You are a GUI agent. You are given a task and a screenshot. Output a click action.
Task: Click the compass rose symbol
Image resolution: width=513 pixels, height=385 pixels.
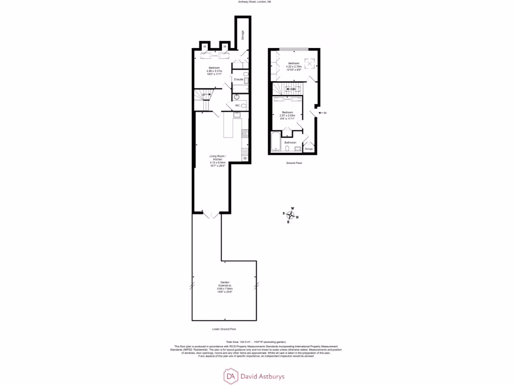[291, 215]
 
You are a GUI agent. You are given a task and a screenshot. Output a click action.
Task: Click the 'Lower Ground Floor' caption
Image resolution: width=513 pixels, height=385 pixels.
[224, 329]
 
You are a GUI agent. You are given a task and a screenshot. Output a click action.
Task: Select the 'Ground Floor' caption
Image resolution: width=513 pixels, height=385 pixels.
[294, 163]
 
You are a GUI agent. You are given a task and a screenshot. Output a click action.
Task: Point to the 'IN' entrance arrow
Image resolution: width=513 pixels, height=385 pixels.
[324, 113]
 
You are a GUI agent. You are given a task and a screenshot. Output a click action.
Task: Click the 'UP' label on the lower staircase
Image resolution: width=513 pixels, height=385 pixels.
[203, 94]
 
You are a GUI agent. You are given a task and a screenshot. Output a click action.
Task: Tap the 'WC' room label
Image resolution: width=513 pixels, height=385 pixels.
[237, 105]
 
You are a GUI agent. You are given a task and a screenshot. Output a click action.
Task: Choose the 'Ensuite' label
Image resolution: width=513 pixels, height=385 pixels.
[238, 80]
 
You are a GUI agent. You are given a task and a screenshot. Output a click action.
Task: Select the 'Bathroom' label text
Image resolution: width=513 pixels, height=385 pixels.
[291, 142]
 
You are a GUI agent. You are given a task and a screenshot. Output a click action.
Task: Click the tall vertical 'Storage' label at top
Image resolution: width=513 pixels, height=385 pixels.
[242, 35]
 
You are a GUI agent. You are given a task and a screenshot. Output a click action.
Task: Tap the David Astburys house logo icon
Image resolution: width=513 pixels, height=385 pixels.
[231, 375]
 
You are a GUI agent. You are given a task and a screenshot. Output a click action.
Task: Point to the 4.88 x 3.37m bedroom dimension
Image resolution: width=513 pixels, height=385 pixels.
[213, 71]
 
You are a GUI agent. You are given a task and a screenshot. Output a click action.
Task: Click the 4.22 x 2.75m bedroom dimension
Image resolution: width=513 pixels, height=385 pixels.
[294, 67]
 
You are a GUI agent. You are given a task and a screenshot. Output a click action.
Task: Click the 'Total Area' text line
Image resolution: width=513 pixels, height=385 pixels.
[256, 342]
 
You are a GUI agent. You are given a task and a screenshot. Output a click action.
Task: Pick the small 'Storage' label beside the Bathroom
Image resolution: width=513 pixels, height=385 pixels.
[309, 149]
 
